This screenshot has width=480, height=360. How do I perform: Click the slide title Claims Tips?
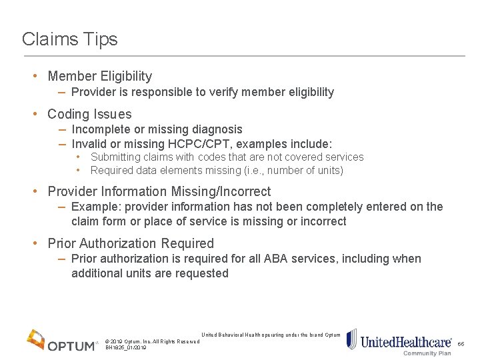pos(69,39)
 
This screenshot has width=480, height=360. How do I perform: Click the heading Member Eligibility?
pos(99,77)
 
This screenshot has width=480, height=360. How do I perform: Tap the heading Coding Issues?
pos(89,114)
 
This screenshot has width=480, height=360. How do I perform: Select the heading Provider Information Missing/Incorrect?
pos(159,192)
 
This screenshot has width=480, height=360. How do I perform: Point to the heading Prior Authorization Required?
pos(131,243)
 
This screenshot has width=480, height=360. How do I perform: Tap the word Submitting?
pos(116,157)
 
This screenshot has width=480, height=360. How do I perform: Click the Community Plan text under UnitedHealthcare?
pos(427,353)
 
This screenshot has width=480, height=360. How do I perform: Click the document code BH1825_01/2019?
pos(126,348)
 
